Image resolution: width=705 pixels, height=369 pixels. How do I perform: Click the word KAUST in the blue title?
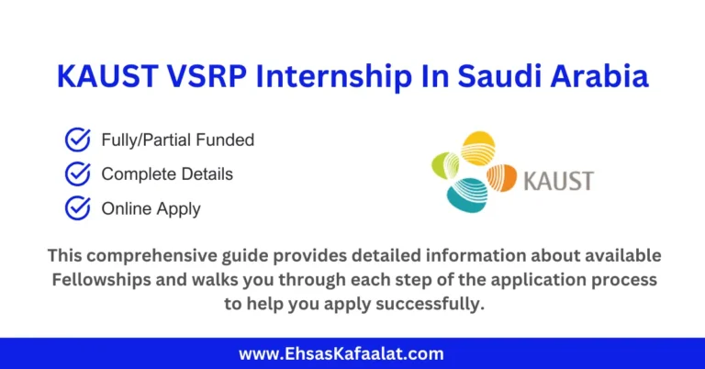pos(105,77)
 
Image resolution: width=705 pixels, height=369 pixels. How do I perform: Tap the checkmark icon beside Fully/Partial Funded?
pos(77,140)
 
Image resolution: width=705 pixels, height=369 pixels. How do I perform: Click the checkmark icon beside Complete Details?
pos(77,173)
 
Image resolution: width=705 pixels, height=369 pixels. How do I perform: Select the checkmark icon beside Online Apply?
pos(77,208)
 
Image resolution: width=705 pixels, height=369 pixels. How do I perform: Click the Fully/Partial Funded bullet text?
pos(178,140)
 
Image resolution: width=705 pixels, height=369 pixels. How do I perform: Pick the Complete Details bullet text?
pos(167,174)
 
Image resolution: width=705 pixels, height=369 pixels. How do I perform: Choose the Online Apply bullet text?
pos(151,209)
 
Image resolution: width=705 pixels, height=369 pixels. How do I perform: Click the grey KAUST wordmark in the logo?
pos(557,179)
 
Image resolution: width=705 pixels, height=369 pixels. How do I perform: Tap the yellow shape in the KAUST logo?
pos(477,147)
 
